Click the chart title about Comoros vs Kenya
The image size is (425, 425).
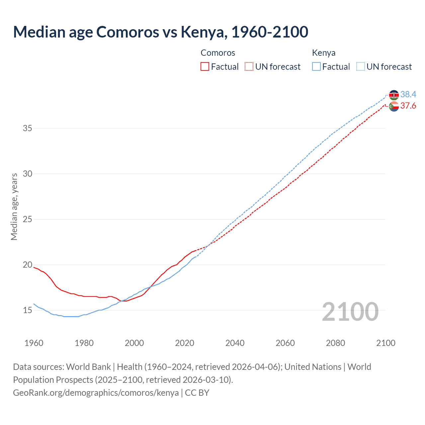161,32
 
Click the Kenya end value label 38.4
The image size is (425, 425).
408,95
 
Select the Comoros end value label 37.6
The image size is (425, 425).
408,106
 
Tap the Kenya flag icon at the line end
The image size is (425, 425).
394,95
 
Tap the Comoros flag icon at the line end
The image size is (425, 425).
394,106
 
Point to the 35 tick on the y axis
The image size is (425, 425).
28,128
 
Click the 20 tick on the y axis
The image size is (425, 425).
28,265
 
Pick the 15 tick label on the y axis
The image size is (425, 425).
28,310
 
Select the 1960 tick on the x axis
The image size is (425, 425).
34,343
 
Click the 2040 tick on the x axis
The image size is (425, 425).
235,343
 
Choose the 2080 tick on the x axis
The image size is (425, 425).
335,343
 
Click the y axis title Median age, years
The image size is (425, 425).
14,207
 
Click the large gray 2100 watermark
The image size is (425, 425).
350,312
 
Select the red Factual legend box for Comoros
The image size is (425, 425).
205,67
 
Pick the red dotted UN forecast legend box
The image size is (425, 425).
249,67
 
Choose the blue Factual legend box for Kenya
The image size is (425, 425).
316,67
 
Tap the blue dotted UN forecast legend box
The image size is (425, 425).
361,67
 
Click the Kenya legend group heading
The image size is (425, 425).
324,53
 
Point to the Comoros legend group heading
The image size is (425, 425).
218,53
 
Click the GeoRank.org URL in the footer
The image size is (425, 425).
96,393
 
